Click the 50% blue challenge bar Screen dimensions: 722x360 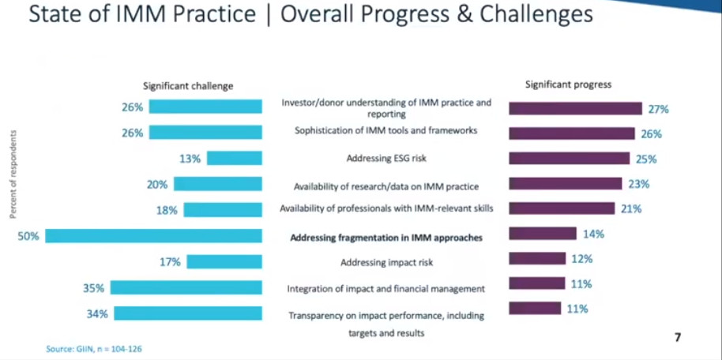click(x=153, y=236)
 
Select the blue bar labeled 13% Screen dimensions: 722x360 click(x=235, y=158)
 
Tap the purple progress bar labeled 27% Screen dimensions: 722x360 click(x=575, y=108)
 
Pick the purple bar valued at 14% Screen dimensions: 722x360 click(x=543, y=234)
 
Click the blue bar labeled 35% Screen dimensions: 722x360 click(x=186, y=287)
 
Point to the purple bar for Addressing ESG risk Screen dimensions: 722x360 click(x=569, y=158)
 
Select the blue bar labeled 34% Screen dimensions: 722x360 click(x=188, y=313)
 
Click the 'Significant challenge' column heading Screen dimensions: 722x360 click(x=188, y=86)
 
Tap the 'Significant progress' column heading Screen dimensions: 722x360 click(x=568, y=84)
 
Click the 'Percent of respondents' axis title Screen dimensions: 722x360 click(x=13, y=174)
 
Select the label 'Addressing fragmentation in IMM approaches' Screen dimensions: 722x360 click(x=385, y=238)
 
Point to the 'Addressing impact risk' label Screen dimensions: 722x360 click(x=387, y=262)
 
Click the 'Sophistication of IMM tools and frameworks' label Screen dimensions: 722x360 click(x=385, y=131)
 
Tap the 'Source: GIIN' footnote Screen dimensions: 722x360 click(x=94, y=348)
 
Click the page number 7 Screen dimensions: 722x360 click(x=677, y=337)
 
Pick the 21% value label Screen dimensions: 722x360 click(x=631, y=208)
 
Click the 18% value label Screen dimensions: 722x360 click(x=167, y=210)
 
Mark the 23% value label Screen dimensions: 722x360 click(x=638, y=184)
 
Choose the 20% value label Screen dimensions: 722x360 click(x=157, y=185)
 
